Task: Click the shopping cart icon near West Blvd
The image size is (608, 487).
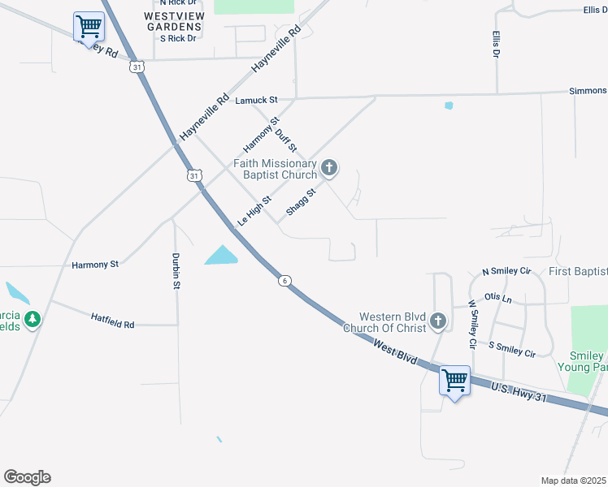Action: (454, 379)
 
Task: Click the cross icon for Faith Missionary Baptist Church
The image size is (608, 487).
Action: (329, 168)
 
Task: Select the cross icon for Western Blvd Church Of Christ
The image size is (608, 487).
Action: (438, 321)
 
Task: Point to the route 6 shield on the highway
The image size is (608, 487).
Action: (284, 281)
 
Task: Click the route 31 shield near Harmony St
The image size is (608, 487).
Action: (193, 175)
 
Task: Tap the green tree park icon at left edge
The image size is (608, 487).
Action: (33, 320)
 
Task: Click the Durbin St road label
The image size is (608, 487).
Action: (176, 271)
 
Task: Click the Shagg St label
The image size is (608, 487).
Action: (301, 204)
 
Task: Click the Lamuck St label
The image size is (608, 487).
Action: (256, 101)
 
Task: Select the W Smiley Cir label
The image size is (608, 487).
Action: (471, 325)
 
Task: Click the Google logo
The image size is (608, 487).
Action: (27, 477)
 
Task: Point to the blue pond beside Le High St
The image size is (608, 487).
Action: (222, 256)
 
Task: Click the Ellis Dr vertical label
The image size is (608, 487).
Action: (495, 44)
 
